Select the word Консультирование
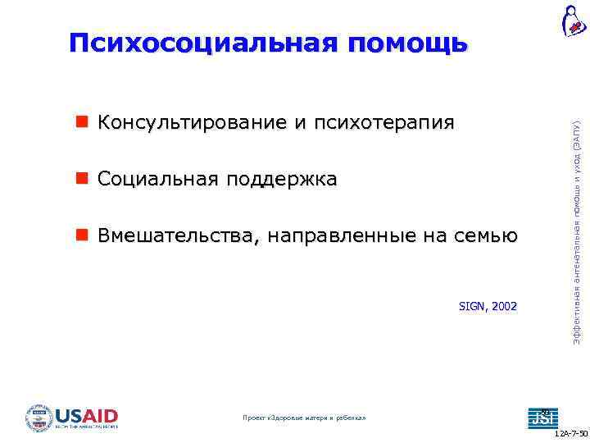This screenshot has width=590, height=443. [x=189, y=123]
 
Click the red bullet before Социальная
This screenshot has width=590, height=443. [x=82, y=179]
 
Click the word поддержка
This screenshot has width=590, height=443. [x=284, y=179]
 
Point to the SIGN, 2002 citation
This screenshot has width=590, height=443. [x=488, y=306]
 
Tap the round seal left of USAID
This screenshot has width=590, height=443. [x=39, y=418]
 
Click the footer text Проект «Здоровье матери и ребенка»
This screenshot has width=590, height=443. [x=305, y=418]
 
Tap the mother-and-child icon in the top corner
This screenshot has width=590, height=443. [x=573, y=21]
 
